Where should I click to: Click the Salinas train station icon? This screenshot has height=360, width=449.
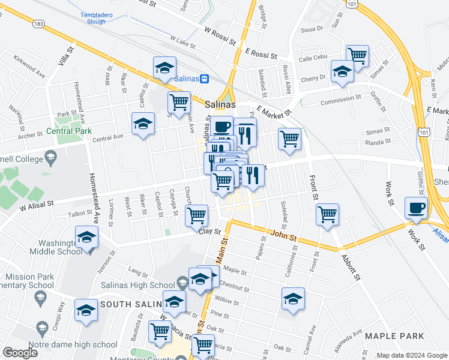tap(205, 79)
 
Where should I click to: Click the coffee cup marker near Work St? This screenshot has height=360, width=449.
tap(417, 208)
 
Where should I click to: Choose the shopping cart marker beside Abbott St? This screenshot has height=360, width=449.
tap(327, 214)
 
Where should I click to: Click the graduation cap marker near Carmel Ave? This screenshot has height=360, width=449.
tap(293, 298)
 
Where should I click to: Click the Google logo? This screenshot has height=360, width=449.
tap(20, 353)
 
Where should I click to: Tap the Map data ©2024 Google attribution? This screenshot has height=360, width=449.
tap(411, 355)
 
